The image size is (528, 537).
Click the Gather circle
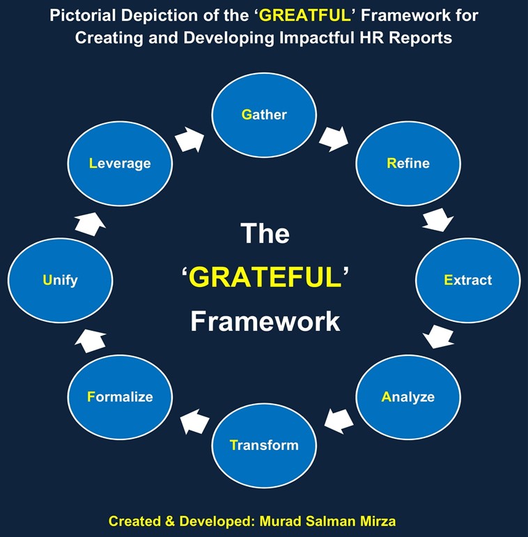[264, 115]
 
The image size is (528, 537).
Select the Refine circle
[408, 164]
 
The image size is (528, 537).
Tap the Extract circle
[468, 280]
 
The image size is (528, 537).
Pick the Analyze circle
[408, 397]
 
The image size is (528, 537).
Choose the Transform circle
[264, 444]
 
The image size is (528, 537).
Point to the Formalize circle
[120, 397]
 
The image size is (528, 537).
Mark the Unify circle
[60, 281]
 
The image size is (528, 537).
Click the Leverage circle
[120, 164]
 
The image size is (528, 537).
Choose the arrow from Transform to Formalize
[194, 420]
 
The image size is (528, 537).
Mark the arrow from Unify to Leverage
[90, 222]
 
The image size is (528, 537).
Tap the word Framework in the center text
[265, 321]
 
